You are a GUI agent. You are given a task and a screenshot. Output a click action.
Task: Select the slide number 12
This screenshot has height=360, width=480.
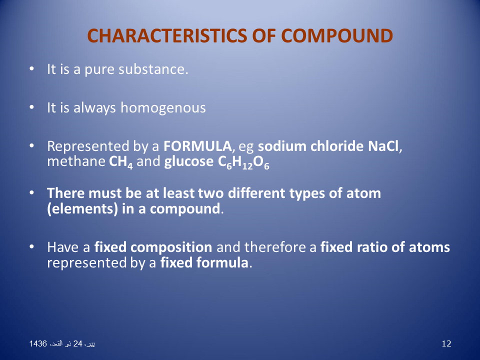(x=447, y=343)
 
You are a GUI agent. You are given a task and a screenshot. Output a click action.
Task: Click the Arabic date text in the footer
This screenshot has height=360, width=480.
(x=62, y=343)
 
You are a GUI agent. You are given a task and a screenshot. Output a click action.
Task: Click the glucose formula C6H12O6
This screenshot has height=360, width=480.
(x=241, y=162)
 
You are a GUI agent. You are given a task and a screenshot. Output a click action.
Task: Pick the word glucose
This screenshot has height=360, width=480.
(x=186, y=162)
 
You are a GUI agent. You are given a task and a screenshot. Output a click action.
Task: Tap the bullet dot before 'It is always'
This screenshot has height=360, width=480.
(x=31, y=107)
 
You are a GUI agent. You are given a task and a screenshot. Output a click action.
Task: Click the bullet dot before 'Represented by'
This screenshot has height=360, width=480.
(x=31, y=146)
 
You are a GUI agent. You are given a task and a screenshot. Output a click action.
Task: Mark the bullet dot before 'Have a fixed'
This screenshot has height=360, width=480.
(x=31, y=246)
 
